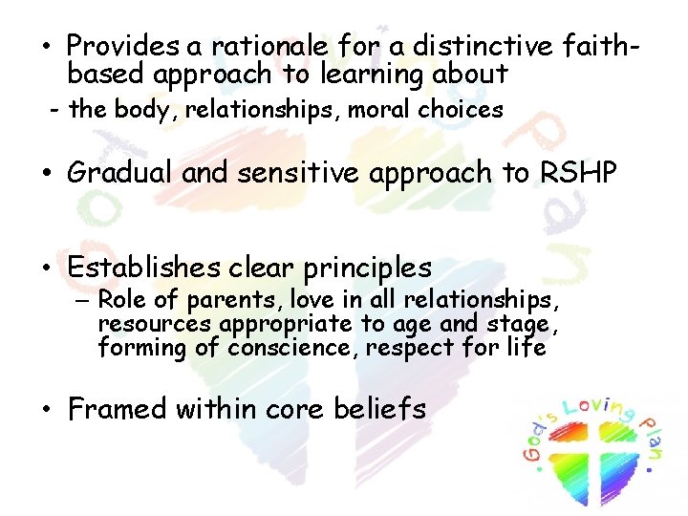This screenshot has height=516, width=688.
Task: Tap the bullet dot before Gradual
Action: point(45,174)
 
